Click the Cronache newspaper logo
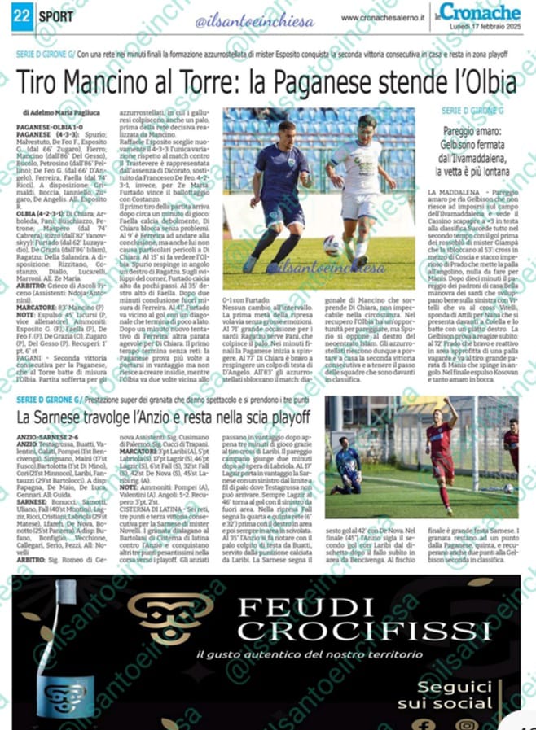[489, 13]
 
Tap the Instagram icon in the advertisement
[467, 724]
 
